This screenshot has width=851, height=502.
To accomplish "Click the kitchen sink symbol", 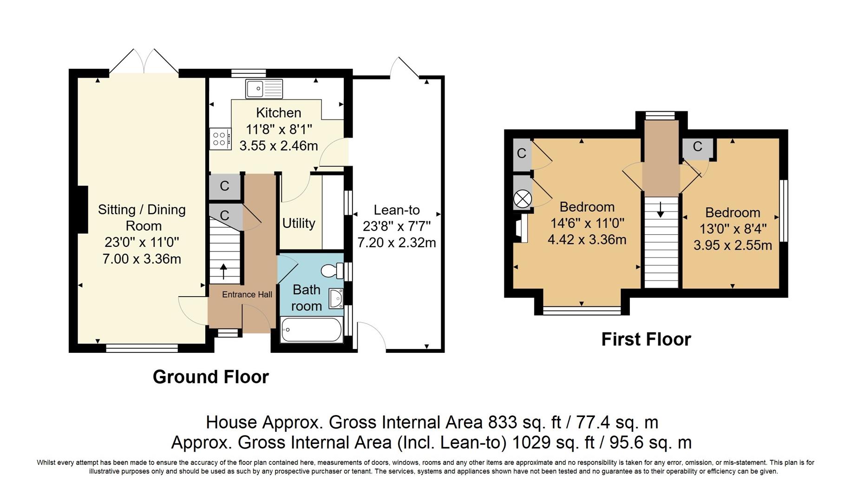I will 264,88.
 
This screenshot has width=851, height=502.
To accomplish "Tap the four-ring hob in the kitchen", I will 220,139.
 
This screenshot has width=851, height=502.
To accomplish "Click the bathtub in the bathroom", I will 311,330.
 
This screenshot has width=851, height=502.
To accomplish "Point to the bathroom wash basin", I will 335,298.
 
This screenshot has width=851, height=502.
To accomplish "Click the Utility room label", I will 299,224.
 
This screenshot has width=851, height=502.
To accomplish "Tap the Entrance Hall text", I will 247,294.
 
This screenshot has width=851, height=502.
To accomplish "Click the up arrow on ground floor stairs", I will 223,271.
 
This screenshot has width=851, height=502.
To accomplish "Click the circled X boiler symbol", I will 522,199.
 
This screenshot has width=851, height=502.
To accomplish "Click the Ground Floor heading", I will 210,376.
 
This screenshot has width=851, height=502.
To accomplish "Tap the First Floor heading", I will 646,339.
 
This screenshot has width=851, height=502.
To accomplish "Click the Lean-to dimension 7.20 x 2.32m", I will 396,243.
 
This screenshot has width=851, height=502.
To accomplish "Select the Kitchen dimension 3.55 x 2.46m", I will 278,145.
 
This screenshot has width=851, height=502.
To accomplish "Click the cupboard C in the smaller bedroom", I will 697,147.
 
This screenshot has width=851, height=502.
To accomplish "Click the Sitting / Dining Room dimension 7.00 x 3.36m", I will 142,259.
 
